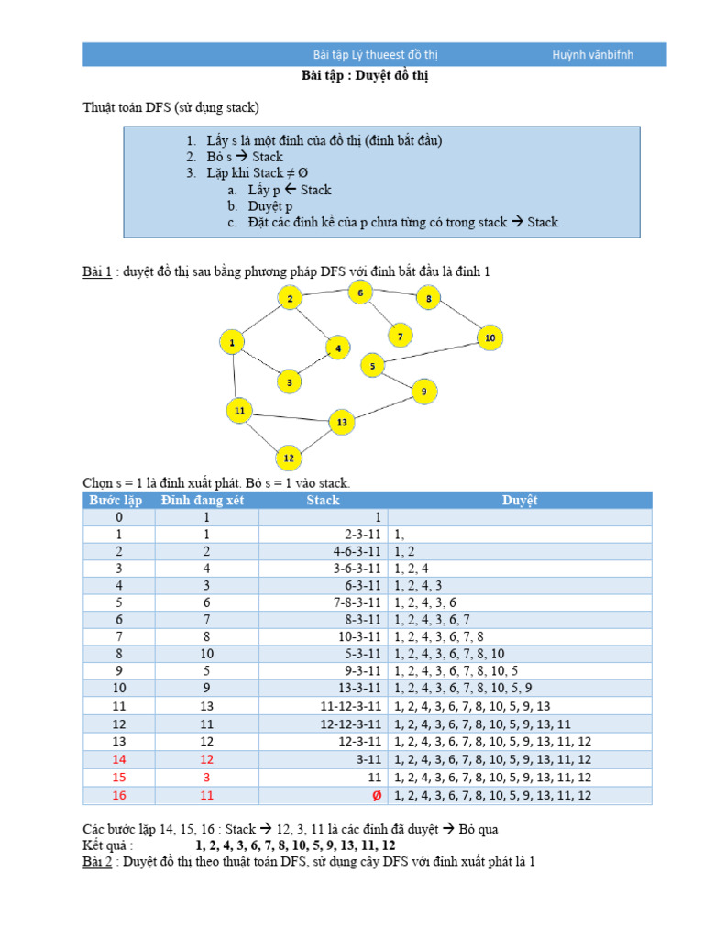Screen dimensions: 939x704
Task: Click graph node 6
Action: (x=360, y=293)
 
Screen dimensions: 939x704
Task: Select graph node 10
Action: (x=490, y=338)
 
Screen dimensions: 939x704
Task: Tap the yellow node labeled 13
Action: (x=342, y=422)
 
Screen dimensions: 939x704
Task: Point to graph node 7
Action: (x=400, y=337)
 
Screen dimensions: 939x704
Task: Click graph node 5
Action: (x=372, y=367)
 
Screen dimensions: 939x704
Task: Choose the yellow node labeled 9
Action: (x=423, y=392)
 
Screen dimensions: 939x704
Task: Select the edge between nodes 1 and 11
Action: (x=236, y=376)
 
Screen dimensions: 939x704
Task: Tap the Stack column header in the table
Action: (x=323, y=501)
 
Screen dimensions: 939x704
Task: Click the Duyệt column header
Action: (x=520, y=501)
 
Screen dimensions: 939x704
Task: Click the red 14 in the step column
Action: (x=119, y=759)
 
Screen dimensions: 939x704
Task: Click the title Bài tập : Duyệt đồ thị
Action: (x=365, y=76)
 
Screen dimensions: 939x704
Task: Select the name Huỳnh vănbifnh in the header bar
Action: (x=592, y=54)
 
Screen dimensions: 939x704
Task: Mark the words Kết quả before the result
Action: (x=108, y=845)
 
